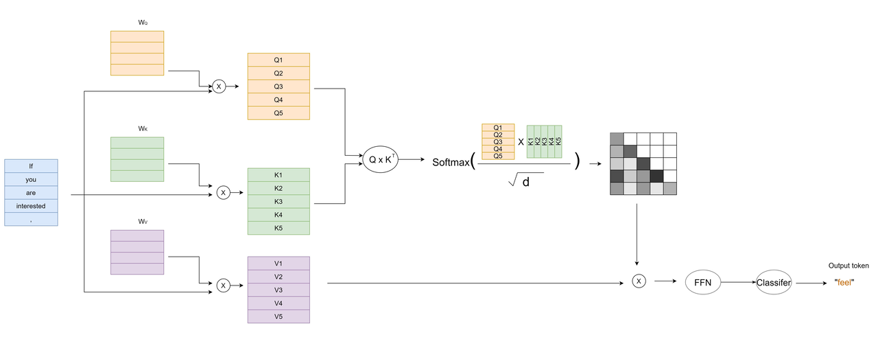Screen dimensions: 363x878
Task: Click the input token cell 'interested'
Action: pos(31,206)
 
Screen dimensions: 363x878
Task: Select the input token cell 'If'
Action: pos(31,165)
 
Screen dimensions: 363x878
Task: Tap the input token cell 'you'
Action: pos(31,179)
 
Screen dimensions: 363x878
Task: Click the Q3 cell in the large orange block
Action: pos(278,86)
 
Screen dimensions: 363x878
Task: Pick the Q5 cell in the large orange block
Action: pos(278,113)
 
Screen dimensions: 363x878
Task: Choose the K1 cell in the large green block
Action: pos(278,175)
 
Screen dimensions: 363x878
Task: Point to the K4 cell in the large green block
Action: pos(278,215)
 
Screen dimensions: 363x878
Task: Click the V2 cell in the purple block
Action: pos(278,277)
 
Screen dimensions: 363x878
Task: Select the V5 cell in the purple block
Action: pos(278,316)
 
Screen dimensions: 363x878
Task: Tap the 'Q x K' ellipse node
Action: pos(380,159)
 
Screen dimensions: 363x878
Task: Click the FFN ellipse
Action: pos(703,282)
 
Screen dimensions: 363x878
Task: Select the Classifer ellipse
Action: pos(774,282)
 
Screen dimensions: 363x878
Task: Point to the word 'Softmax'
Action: pos(451,163)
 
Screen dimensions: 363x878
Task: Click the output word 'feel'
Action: pos(844,282)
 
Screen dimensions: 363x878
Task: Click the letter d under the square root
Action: pos(525,183)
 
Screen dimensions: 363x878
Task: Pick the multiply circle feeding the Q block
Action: pos(219,86)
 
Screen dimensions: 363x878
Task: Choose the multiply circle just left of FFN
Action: pos(639,281)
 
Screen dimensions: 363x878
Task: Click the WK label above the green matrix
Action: pos(143,128)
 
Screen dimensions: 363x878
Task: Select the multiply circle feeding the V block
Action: pos(223,285)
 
